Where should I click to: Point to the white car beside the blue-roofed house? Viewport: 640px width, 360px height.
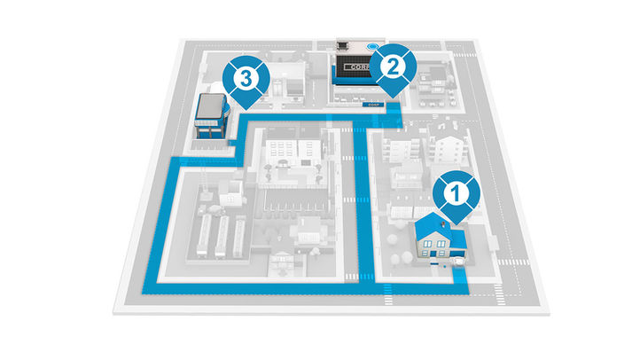(460, 262)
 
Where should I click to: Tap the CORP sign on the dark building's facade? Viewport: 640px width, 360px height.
(357, 68)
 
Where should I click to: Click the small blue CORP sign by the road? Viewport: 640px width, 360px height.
(375, 104)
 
